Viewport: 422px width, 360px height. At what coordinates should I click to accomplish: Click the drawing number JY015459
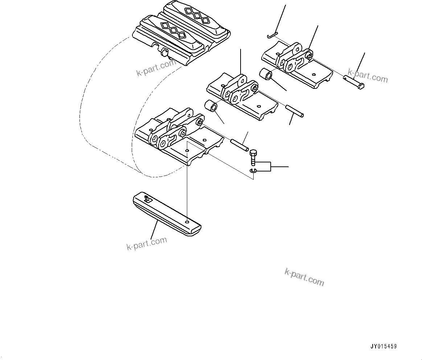tap(384, 347)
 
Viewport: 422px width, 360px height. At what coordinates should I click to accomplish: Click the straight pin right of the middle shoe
tap(295, 111)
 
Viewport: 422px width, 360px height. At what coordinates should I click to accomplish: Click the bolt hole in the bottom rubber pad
tap(187, 222)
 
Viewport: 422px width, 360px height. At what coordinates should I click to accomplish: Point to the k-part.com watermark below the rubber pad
tap(147, 243)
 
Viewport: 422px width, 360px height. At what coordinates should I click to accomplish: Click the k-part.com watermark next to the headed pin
tap(368, 76)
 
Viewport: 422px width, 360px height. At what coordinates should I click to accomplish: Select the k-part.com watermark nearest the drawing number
tap(304, 277)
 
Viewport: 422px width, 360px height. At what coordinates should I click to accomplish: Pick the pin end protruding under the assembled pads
tap(164, 54)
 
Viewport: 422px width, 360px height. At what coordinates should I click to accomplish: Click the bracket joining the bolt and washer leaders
tap(270, 166)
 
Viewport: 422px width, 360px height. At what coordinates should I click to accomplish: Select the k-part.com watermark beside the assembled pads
tap(156, 68)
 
